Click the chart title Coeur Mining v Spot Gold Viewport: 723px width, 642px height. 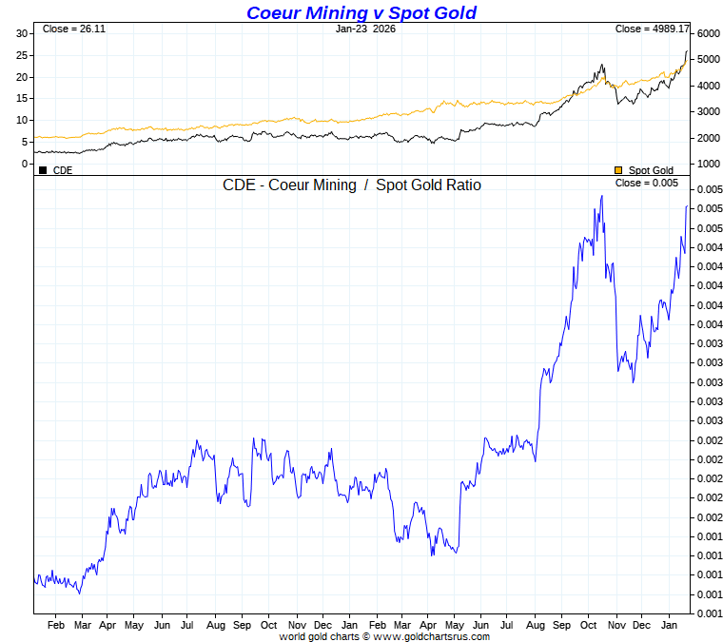[x=361, y=12]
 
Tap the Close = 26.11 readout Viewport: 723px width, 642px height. [x=74, y=29]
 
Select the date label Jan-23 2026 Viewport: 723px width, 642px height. [x=365, y=29]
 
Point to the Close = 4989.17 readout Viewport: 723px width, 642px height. [x=652, y=29]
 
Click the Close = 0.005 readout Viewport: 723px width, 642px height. [x=647, y=183]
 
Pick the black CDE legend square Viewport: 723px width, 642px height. [x=43, y=170]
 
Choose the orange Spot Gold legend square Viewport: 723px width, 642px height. [x=618, y=170]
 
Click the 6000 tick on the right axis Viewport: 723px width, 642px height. [x=708, y=33]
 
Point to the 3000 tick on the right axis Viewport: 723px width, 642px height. [x=708, y=111]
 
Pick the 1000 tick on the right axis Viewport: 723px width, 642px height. [x=708, y=164]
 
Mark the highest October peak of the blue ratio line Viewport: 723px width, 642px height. [x=601, y=196]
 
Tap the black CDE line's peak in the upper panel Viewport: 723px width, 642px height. [x=687, y=51]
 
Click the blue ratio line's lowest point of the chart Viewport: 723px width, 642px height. [x=79, y=593]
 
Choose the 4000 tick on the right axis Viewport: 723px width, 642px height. [x=708, y=86]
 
